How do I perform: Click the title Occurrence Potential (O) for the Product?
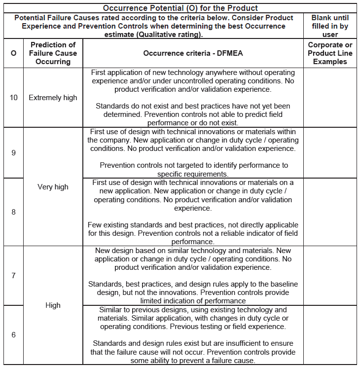[180, 8]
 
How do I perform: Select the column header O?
[13, 53]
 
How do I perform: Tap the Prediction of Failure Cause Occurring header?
[53, 53]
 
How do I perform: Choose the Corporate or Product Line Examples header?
[330, 53]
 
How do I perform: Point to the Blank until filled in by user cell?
[330, 26]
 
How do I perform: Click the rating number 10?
[13, 98]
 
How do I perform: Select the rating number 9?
[13, 153]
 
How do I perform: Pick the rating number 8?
[13, 212]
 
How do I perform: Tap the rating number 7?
[13, 275]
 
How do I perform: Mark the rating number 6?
[13, 335]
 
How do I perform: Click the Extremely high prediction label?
[53, 98]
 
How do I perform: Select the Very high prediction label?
[53, 187]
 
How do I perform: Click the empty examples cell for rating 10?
[330, 98]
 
